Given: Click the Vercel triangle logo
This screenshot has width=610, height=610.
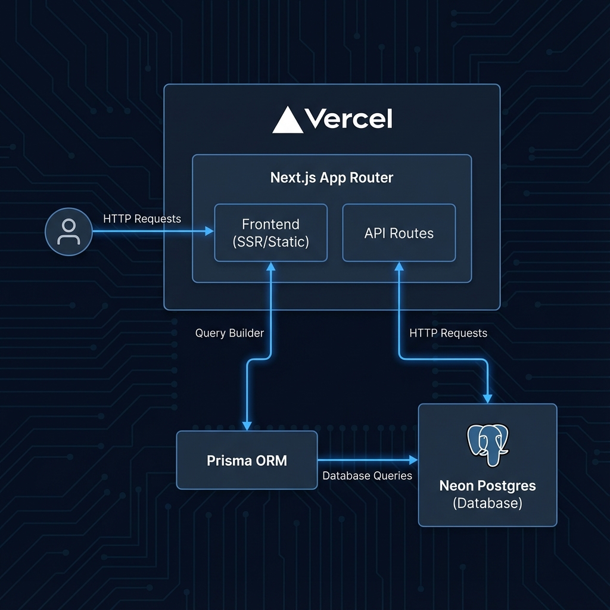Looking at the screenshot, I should click(x=288, y=120).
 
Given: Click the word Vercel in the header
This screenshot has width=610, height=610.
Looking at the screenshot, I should click(x=348, y=120).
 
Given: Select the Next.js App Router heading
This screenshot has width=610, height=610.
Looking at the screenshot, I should click(x=332, y=178).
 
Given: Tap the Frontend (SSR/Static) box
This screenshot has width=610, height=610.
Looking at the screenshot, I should click(x=270, y=233).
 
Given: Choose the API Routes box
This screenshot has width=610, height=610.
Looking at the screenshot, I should click(x=399, y=233).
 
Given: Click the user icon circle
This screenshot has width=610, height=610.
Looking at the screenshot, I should click(x=69, y=232).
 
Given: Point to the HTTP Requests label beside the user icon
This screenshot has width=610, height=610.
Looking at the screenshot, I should click(x=142, y=219).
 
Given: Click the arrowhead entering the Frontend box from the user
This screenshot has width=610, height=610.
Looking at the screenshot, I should click(x=210, y=231).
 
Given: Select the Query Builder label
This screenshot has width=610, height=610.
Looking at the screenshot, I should click(x=229, y=333).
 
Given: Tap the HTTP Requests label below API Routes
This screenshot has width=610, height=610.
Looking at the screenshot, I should click(x=448, y=333).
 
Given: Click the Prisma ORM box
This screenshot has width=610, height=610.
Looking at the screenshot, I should click(x=247, y=460).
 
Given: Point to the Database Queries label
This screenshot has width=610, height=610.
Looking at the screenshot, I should click(x=367, y=475).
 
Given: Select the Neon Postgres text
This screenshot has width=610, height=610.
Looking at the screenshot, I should click(x=487, y=485).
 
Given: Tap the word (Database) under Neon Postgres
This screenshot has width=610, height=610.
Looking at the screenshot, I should click(x=487, y=503).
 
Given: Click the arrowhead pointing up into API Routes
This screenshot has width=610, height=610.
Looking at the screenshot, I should click(x=399, y=267).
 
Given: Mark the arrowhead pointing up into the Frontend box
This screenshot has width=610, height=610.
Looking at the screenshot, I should click(x=270, y=267).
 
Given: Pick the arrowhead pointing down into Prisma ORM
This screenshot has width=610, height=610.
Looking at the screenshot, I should click(x=247, y=425).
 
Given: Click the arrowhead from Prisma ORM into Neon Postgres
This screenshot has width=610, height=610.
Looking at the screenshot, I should click(x=413, y=460).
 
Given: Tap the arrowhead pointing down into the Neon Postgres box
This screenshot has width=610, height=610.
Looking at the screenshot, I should click(x=488, y=398).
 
